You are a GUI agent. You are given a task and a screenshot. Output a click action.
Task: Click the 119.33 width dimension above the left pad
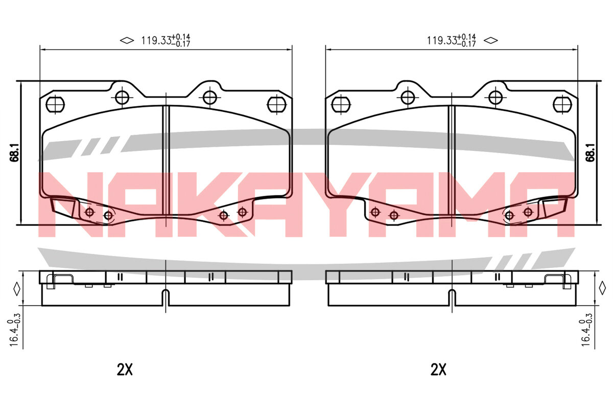166,40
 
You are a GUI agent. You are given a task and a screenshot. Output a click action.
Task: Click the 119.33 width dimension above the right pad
452,40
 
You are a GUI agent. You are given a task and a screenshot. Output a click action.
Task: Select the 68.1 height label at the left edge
14,152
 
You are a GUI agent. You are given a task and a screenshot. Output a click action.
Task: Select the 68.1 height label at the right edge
591,152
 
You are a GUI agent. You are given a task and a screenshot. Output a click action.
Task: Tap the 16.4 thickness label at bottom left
14,330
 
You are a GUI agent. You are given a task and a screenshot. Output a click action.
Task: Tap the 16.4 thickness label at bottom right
585,330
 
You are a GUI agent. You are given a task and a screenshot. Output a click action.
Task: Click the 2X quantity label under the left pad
125,370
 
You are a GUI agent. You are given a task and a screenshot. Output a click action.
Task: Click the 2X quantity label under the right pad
438,370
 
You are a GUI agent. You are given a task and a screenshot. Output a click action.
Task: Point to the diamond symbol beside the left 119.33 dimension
127,40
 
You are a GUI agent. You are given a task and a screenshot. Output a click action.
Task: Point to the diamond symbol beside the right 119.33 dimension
491,40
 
